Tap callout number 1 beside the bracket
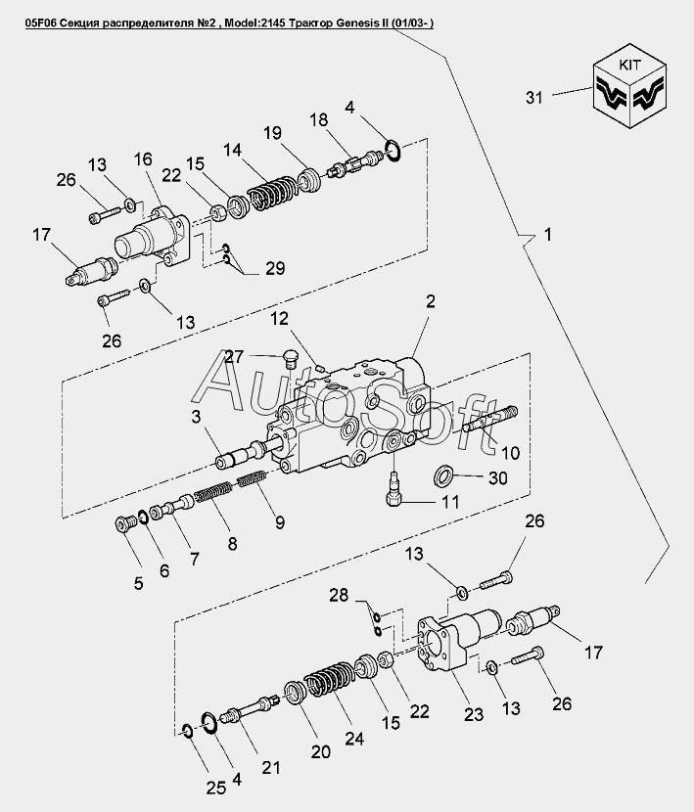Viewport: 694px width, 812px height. [x=548, y=235]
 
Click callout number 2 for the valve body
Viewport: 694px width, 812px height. [x=428, y=303]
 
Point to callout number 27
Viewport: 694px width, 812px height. [x=233, y=357]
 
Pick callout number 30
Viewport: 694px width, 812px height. [x=498, y=478]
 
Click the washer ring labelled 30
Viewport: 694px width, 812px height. [x=444, y=477]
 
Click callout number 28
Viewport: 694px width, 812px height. [x=338, y=595]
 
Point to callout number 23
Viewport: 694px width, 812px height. [x=473, y=715]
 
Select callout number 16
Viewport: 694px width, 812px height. [x=143, y=158]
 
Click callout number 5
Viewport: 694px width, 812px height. [x=138, y=583]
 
